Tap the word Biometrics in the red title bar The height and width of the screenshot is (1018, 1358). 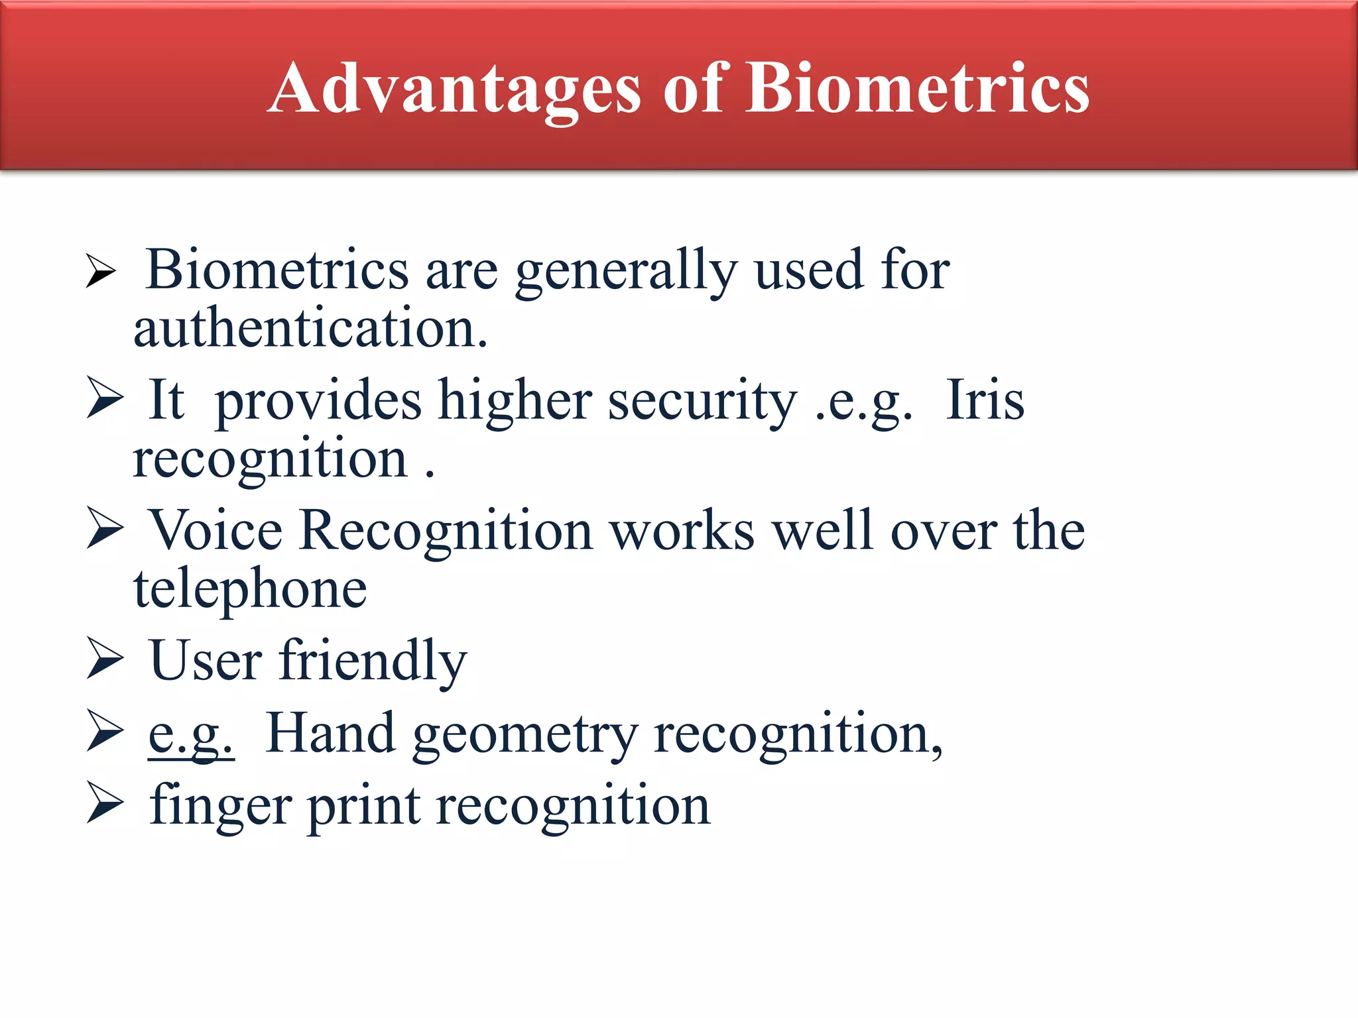(918, 88)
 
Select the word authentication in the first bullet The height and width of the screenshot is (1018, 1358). (310, 328)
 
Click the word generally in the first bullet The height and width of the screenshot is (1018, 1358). (626, 270)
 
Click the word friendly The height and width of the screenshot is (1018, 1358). (373, 661)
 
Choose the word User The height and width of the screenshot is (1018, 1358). (206, 661)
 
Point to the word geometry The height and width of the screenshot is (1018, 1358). (525, 736)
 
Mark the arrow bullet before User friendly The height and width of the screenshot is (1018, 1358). (105, 659)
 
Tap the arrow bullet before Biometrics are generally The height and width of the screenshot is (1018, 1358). (101, 271)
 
